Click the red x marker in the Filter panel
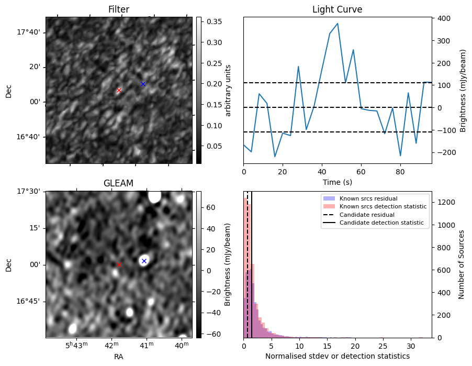coord(119,90)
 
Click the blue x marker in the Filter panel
coord(143,84)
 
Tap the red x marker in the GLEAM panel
coord(119,264)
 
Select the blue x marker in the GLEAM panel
coord(144,261)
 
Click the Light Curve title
coord(337,9)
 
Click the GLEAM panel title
coord(119,183)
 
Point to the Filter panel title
coord(119,9)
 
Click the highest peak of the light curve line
coord(338,24)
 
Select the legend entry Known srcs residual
coord(368,199)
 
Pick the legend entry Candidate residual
coord(367,215)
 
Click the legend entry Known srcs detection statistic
coord(383,207)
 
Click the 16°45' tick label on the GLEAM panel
coord(29,301)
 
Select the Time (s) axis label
coord(337,182)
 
